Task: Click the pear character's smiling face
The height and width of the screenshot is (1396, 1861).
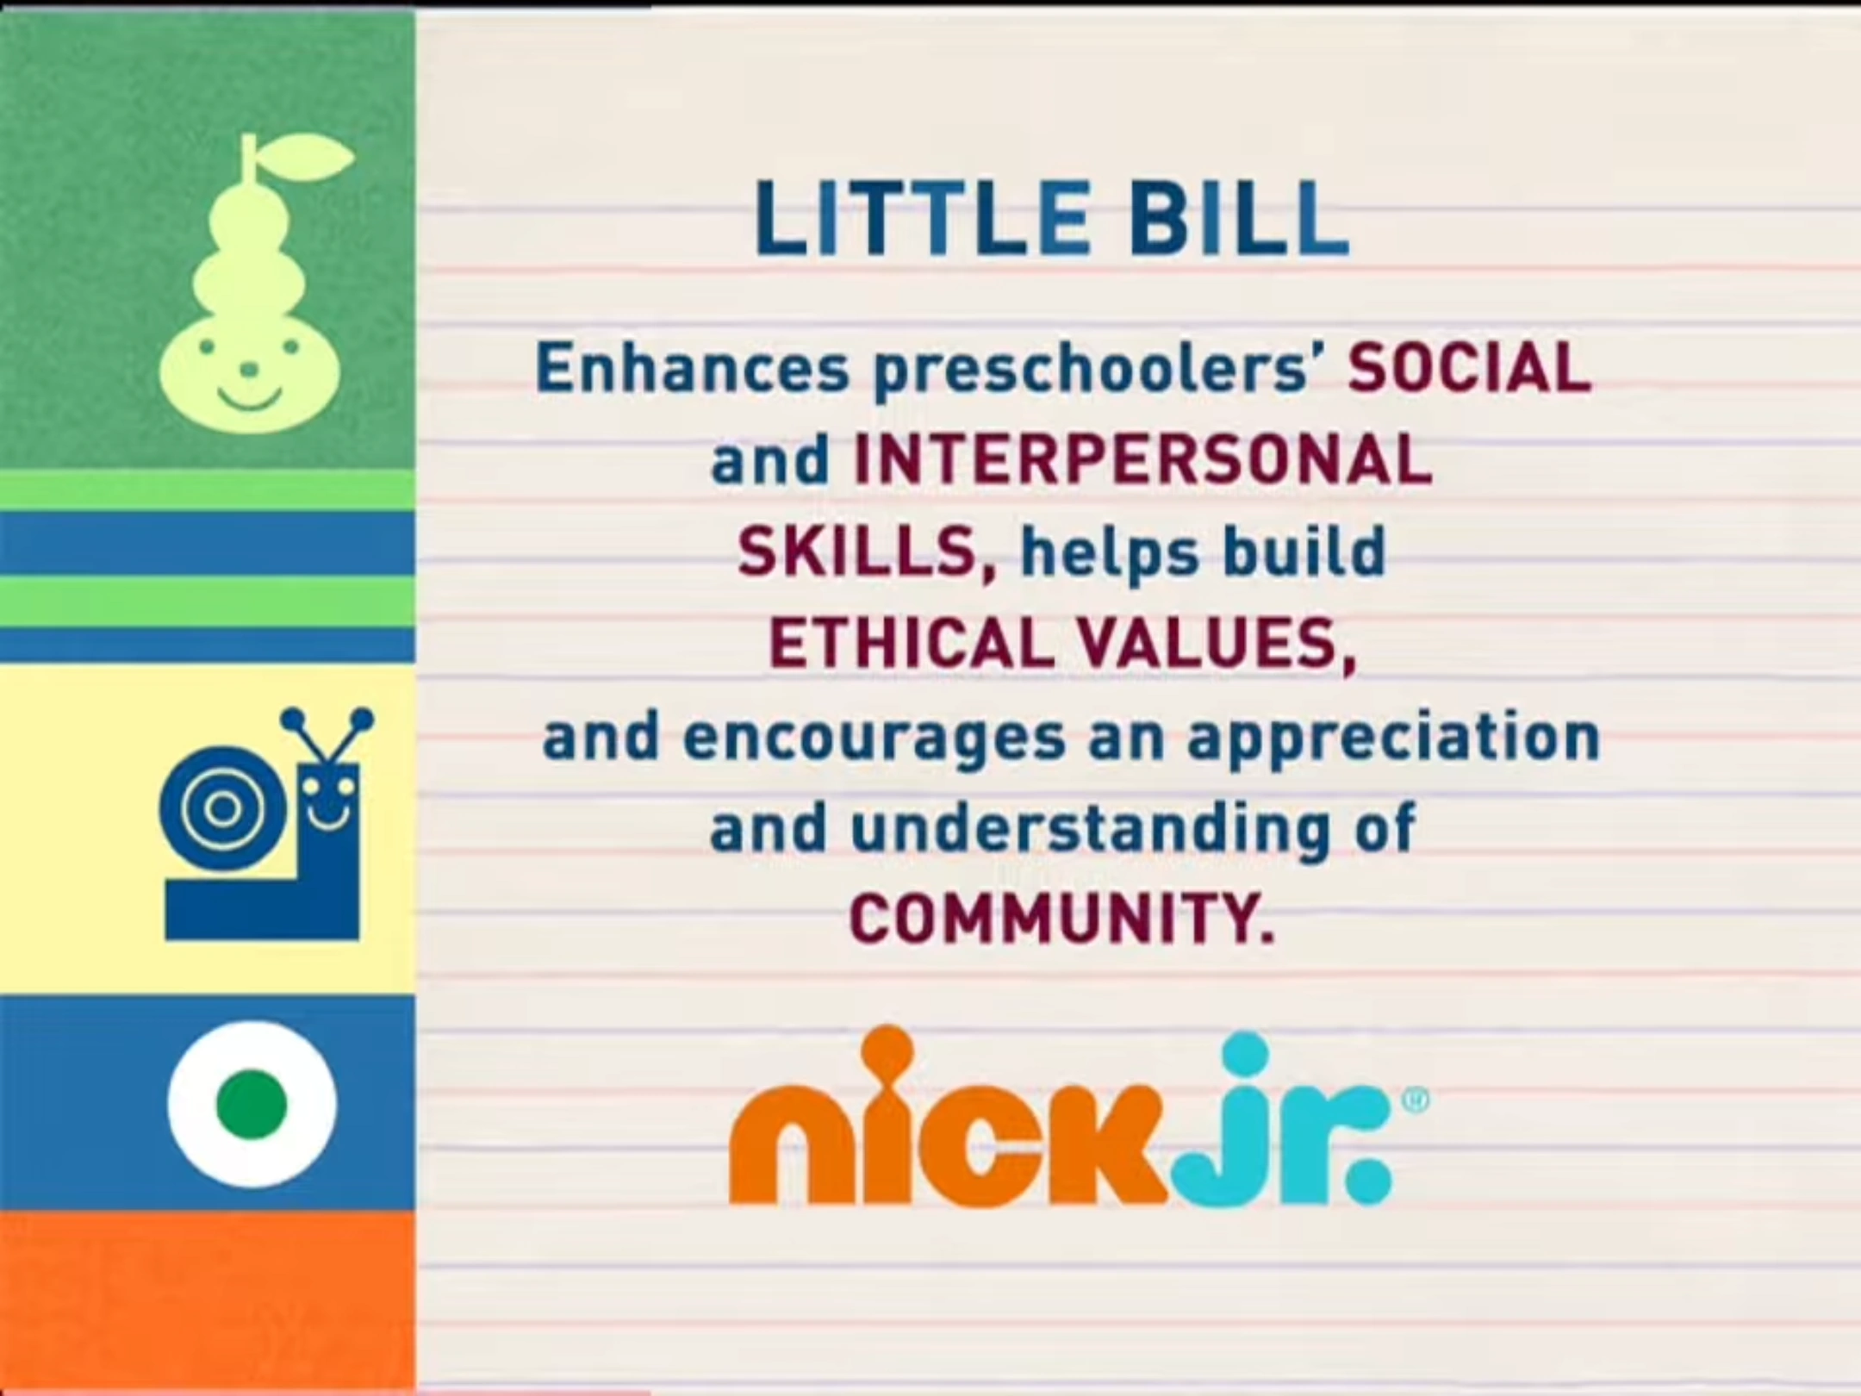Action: pos(250,373)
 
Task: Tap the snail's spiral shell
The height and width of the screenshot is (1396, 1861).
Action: pos(223,807)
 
